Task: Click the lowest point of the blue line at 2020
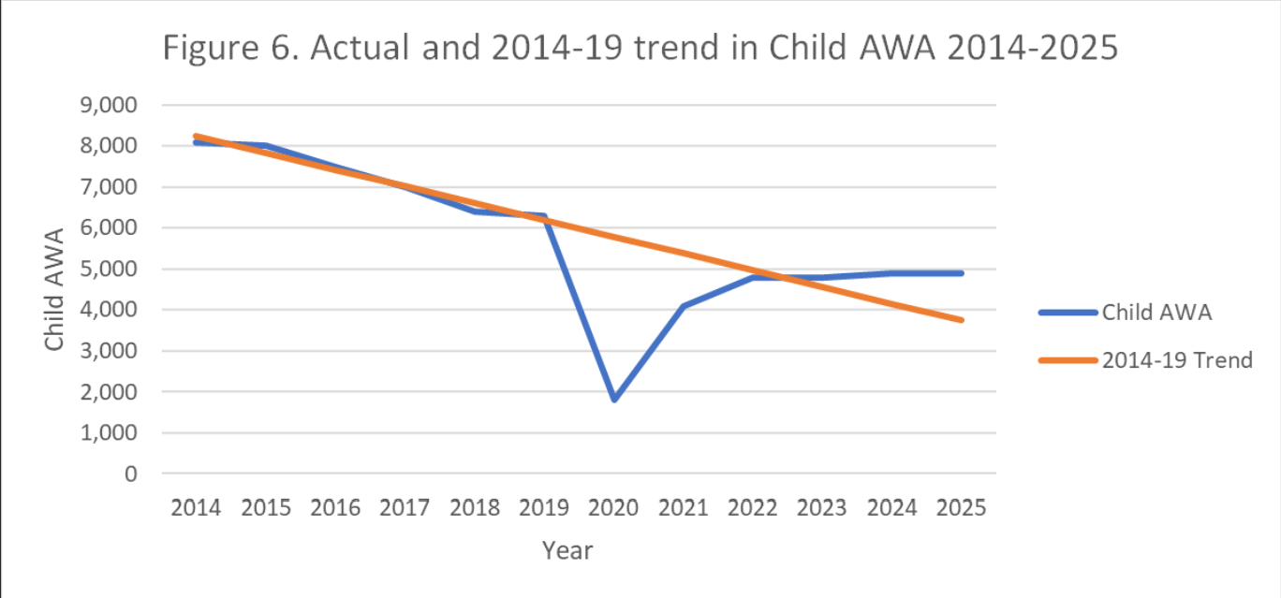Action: click(614, 399)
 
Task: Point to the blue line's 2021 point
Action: click(684, 306)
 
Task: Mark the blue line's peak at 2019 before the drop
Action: click(543, 216)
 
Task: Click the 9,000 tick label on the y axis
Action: click(110, 105)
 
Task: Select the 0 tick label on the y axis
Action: click(130, 474)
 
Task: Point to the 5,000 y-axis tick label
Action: click(110, 269)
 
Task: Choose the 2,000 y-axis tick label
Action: click(110, 392)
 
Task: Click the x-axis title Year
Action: click(567, 550)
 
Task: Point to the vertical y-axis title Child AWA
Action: click(55, 289)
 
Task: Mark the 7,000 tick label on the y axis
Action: click(110, 187)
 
